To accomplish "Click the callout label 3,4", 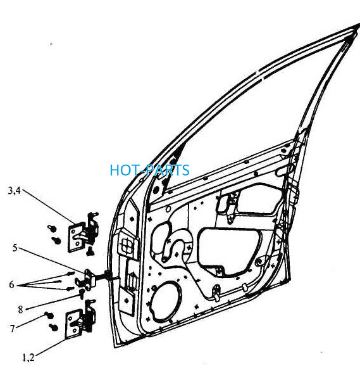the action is (x=15, y=191).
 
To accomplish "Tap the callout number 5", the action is (x=15, y=248).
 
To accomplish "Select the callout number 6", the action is (x=12, y=284).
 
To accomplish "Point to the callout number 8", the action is (x=21, y=310).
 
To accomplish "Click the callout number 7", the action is (x=13, y=328).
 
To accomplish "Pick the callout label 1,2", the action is (x=28, y=358).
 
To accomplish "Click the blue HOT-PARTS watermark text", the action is (x=149, y=170).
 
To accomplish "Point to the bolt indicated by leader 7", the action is (x=49, y=315).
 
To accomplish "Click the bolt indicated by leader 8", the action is (x=82, y=293).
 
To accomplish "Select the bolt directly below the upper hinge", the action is (x=90, y=251).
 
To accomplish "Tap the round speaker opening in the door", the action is (x=166, y=301).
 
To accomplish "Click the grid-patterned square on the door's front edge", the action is (x=128, y=244).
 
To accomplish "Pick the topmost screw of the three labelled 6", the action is (x=71, y=273).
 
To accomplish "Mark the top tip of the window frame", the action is (x=359, y=24).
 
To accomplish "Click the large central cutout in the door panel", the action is (x=228, y=250).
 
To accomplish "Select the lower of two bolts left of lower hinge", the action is (x=53, y=327).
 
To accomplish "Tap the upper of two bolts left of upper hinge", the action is (x=51, y=227).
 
